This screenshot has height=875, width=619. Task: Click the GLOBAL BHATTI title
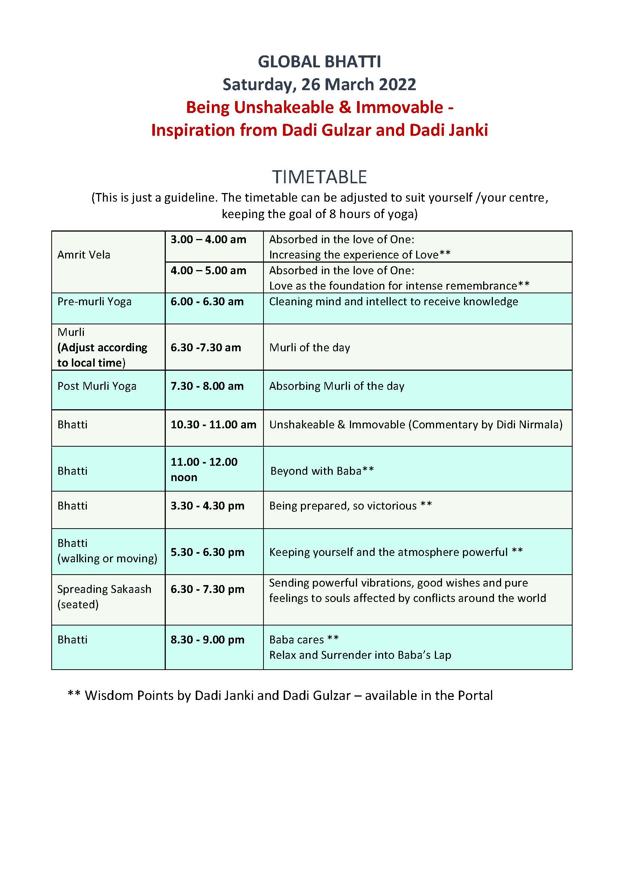[319, 62]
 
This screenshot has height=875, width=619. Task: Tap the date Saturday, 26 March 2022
[319, 85]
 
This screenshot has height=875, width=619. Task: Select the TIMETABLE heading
[319, 177]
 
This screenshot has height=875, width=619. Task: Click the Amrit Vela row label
[84, 255]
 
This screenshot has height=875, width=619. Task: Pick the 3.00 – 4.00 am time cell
[208, 240]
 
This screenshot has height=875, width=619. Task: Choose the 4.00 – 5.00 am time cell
[208, 270]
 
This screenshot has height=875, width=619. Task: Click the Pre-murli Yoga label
[95, 302]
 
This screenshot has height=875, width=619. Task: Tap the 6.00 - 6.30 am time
[207, 302]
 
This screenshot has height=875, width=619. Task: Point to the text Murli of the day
[309, 348]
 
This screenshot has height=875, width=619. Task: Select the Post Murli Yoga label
[97, 386]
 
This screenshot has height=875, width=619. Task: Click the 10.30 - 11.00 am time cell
[213, 425]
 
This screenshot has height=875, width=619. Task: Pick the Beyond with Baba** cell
[322, 471]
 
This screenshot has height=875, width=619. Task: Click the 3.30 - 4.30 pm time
[207, 506]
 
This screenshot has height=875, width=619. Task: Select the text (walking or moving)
[107, 559]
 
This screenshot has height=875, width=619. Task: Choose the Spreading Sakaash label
[104, 589]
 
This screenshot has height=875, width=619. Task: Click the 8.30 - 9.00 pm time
[207, 639]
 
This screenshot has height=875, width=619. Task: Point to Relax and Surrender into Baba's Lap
[360, 655]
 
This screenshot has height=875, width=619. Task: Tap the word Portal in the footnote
[475, 695]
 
